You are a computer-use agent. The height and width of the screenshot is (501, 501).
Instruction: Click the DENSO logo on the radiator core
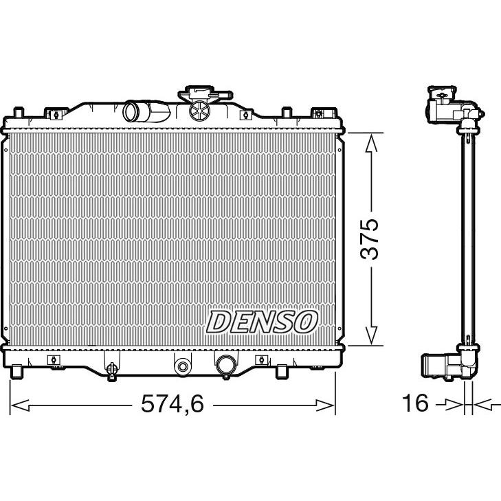(262, 322)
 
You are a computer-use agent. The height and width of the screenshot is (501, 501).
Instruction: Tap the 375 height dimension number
(369, 239)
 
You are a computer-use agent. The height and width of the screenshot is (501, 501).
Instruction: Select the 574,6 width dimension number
(172, 403)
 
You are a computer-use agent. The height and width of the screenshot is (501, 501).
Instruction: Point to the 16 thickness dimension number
(415, 403)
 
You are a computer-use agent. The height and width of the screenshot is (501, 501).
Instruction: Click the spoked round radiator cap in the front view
(199, 111)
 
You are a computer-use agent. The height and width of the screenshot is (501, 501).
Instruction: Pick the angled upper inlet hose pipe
(146, 111)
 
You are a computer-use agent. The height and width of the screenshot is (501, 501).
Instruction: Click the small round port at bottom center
(182, 366)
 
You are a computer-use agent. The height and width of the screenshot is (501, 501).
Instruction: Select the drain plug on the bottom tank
(111, 370)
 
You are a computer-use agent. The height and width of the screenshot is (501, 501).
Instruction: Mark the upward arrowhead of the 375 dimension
(371, 142)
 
